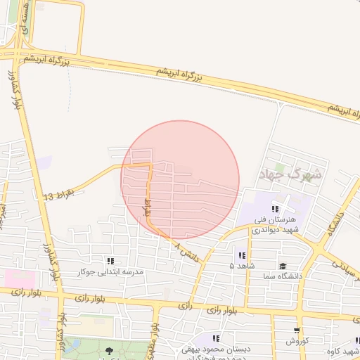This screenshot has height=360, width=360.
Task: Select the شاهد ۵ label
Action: pos(241,266)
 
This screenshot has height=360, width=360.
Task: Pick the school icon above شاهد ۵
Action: pos(242,255)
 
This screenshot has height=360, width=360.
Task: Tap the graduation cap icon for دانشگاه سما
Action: pos(282,266)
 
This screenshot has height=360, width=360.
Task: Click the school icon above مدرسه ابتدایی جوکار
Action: pos(110,261)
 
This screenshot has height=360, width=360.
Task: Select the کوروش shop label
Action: pos(297,341)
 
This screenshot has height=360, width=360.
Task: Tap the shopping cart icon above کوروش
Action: pos(297,330)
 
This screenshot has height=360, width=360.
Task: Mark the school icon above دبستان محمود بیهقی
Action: pos(215,338)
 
